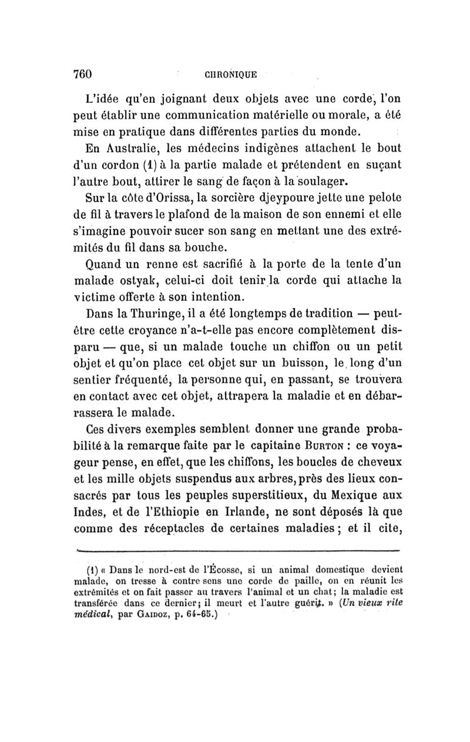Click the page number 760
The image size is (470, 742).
click(x=83, y=75)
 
